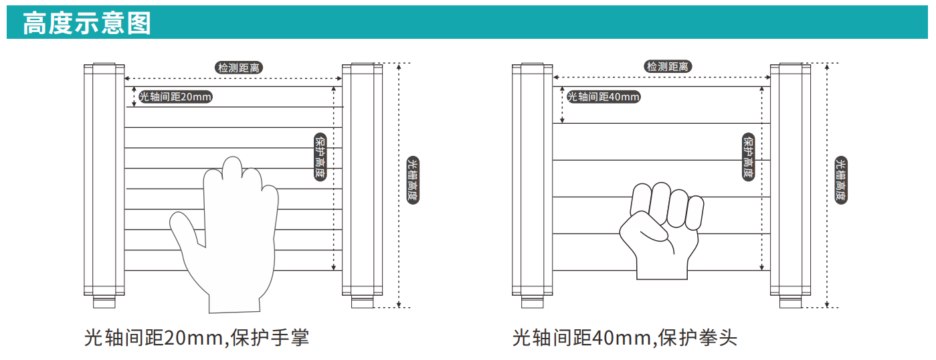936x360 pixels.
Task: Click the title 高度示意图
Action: [86, 23]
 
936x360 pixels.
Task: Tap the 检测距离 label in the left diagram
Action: [239, 68]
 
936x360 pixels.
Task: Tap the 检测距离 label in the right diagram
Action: [667, 66]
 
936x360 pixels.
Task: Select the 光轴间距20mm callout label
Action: [175, 97]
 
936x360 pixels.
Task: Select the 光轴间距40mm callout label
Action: [603, 97]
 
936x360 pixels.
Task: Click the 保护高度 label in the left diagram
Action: [320, 157]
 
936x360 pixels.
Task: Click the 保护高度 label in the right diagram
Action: [749, 157]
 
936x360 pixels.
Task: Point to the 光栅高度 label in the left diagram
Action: [413, 180]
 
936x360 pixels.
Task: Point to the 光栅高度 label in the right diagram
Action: [841, 180]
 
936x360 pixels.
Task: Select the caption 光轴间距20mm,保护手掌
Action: [197, 338]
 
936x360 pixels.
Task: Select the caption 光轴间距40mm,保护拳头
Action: [625, 338]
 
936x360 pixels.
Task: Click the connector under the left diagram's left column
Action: [104, 302]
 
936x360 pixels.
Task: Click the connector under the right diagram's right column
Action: [791, 302]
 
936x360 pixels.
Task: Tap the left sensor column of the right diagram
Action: [533, 180]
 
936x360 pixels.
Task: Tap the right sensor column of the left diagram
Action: [362, 180]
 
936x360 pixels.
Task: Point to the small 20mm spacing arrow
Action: [134, 96]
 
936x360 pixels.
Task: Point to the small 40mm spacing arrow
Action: [563, 105]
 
